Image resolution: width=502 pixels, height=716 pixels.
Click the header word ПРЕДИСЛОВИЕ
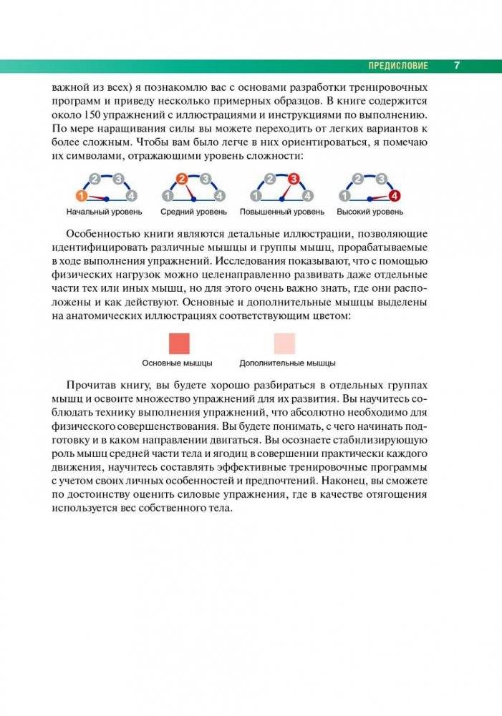397,66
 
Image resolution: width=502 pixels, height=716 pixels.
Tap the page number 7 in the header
457,66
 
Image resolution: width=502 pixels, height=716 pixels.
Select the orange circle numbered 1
81,196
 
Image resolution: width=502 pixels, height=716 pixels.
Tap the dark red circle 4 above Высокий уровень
394,196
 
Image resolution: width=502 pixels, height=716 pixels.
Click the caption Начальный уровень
104,212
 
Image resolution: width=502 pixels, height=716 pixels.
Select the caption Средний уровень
193,212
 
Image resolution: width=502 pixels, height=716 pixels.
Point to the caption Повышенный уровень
282,212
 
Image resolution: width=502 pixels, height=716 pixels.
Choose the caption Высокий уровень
370,212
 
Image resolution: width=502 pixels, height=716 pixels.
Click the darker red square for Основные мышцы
178,343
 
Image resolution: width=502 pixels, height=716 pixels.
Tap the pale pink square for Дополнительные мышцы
284,343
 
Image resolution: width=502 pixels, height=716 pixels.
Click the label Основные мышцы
177,363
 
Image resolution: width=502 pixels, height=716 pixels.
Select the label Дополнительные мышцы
287,363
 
